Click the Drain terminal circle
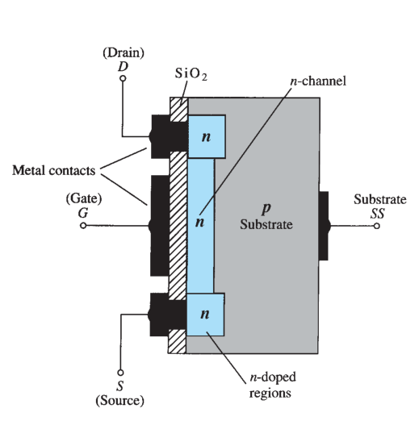pyautogui.click(x=123, y=78)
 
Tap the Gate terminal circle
pyautogui.click(x=83, y=226)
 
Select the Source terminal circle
pyautogui.click(x=120, y=373)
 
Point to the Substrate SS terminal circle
pyautogui.click(x=377, y=226)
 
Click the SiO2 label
pyautogui.click(x=191, y=73)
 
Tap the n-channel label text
pyautogui.click(x=318, y=81)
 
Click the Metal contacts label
pyautogui.click(x=54, y=170)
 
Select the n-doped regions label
pyautogui.click(x=272, y=385)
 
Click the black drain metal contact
pyautogui.click(x=169, y=137)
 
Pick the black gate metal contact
pyautogui.click(x=160, y=226)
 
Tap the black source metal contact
pyautogui.click(x=167, y=315)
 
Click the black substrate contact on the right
pyautogui.click(x=325, y=226)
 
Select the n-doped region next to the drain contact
pyautogui.click(x=207, y=136)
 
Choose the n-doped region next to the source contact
pyautogui.click(x=205, y=315)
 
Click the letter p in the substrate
pyautogui.click(x=266, y=209)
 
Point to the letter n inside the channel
pyautogui.click(x=199, y=223)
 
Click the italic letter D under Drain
pyautogui.click(x=123, y=66)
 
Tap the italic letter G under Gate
pyautogui.click(x=83, y=213)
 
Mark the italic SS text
pyautogui.click(x=377, y=214)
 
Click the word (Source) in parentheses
pyautogui.click(x=120, y=401)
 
